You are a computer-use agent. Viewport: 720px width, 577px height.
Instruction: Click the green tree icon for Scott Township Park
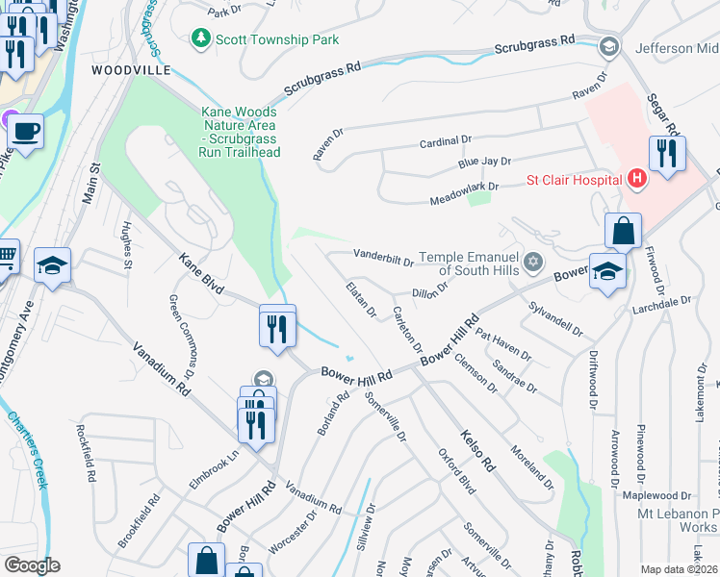(201, 38)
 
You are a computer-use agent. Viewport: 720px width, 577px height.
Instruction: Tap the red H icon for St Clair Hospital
(635, 178)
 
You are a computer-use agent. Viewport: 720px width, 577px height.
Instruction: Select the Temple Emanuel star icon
(533, 263)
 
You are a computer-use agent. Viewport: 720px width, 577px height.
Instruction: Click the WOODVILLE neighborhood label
(131, 70)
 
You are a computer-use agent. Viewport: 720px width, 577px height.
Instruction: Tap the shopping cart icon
(6, 256)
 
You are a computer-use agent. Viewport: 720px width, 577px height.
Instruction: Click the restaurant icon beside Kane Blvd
(277, 327)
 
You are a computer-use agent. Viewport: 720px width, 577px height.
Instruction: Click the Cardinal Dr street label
(445, 140)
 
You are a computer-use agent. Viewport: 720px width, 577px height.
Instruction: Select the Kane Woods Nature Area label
(239, 132)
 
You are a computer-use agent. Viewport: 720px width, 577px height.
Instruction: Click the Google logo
(32, 565)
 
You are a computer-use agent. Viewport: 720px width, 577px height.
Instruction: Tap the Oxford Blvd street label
(457, 472)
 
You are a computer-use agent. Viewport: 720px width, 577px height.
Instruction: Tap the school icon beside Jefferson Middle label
(607, 46)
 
